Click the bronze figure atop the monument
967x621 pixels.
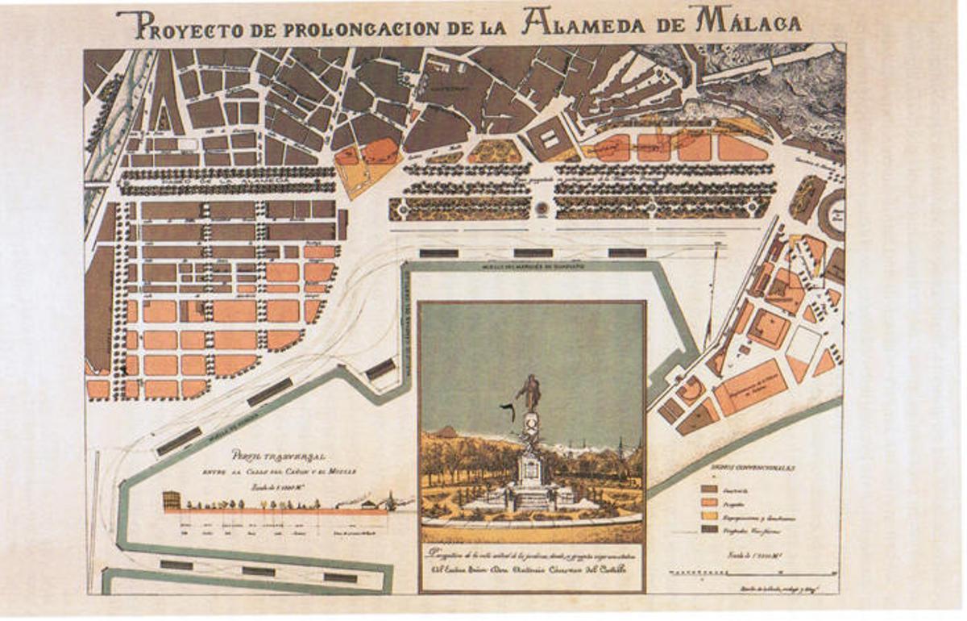tap(529, 393)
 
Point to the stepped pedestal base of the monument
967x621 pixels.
tap(530, 497)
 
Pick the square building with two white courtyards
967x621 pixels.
tap(553, 139)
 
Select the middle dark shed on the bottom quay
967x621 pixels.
tap(258, 571)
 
